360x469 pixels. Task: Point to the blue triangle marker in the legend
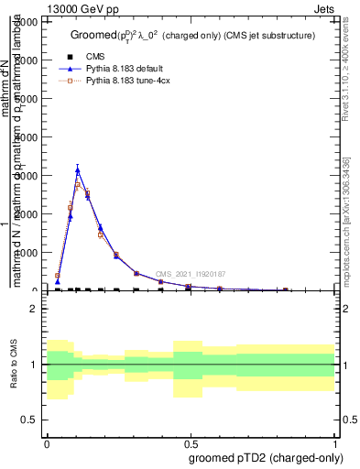(68, 69)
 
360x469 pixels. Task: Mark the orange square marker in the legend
(68, 81)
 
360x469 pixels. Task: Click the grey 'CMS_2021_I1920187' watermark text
(190, 274)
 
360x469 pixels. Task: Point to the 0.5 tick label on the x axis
(191, 442)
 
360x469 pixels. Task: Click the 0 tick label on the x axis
(46, 442)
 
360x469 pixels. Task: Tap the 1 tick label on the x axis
(335, 442)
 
